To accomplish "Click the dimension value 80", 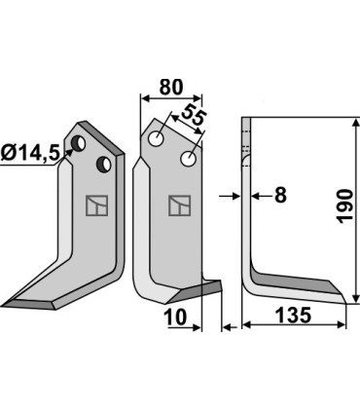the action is (171, 87).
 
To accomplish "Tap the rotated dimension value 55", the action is (194, 116).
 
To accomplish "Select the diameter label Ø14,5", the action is (30, 152).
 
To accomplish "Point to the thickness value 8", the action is (280, 196).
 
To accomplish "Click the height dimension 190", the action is (344, 206).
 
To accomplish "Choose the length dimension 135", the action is (293, 315).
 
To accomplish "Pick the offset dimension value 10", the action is (175, 317).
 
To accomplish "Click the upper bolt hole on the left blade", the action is (78, 143).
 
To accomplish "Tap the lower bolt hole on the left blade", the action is (104, 164).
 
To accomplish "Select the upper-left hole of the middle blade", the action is (156, 138).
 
